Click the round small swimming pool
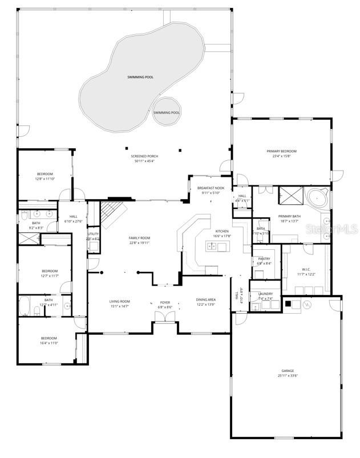pyautogui.click(x=167, y=112)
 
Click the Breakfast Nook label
pyautogui.click(x=211, y=188)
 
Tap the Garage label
pyautogui.click(x=287, y=371)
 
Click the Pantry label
pyautogui.click(x=264, y=258)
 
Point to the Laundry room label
pyautogui.click(x=265, y=294)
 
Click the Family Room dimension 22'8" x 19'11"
pyautogui.click(x=139, y=242)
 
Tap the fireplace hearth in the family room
pyautogui.click(x=116, y=200)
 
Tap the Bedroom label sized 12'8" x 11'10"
pyautogui.click(x=45, y=174)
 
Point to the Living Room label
pyautogui.click(x=120, y=301)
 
